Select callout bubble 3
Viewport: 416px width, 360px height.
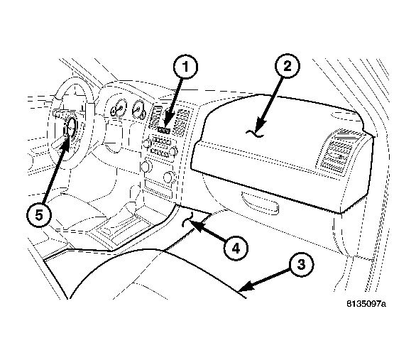tap(301, 265)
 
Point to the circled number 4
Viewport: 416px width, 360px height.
tap(236, 248)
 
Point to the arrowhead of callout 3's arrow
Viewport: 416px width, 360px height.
tap(242, 288)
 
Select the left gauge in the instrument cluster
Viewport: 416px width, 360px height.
tap(119, 110)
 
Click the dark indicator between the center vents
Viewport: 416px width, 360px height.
tap(165, 129)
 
